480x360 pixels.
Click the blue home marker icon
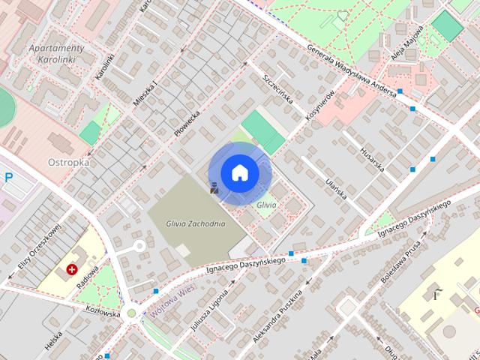(x=239, y=172)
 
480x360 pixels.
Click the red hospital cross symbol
(x=73, y=268)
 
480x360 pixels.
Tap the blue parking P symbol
(x=8, y=178)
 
